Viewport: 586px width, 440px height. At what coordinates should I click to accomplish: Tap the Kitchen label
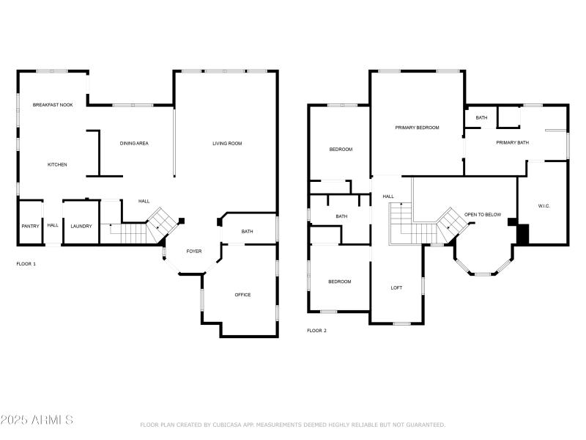pyautogui.click(x=57, y=165)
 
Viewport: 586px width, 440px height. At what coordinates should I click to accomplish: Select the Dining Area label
pyautogui.click(x=134, y=144)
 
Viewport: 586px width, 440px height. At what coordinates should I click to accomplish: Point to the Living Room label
pyautogui.click(x=227, y=144)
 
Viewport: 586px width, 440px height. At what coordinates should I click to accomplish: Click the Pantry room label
pyautogui.click(x=30, y=227)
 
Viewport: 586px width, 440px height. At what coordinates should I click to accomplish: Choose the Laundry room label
pyautogui.click(x=81, y=227)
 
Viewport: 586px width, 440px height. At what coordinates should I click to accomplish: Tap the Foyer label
pyautogui.click(x=193, y=252)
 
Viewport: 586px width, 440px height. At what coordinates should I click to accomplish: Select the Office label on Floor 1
pyautogui.click(x=242, y=296)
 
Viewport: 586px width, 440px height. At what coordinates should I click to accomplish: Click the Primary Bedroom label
pyautogui.click(x=417, y=128)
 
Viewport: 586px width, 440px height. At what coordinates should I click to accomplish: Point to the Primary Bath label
pyautogui.click(x=512, y=143)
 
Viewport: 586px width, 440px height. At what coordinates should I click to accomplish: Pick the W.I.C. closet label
pyautogui.click(x=544, y=206)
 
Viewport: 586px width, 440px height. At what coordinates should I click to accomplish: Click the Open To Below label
pyautogui.click(x=483, y=215)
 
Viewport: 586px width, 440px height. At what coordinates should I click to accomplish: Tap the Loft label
pyautogui.click(x=396, y=288)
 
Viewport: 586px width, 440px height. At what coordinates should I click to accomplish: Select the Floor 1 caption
pyautogui.click(x=26, y=263)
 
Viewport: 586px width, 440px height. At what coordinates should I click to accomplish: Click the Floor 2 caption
pyautogui.click(x=316, y=331)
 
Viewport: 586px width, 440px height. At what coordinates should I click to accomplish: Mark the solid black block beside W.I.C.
pyautogui.click(x=522, y=234)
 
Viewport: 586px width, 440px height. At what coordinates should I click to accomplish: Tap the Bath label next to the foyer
pyautogui.click(x=248, y=232)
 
